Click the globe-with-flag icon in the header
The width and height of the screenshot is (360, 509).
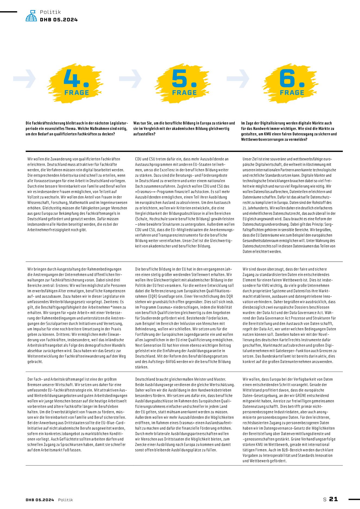(x=31, y=16)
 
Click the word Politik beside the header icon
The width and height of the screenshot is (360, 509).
(x=50, y=12)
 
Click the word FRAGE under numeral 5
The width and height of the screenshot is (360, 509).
(x=184, y=93)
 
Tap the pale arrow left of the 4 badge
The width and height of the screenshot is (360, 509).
(x=25, y=79)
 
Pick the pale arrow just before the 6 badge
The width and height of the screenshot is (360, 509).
(x=238, y=79)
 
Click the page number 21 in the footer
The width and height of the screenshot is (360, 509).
(x=333, y=499)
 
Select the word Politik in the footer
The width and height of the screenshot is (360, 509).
(x=65, y=500)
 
